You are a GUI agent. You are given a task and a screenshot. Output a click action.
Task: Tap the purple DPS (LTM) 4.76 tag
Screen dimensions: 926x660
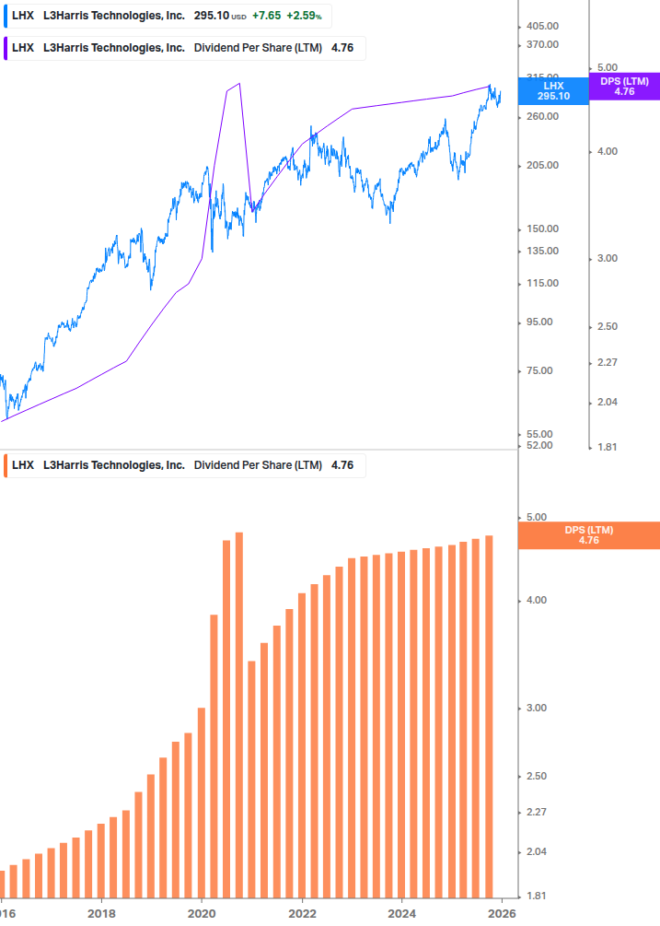pyautogui.click(x=624, y=87)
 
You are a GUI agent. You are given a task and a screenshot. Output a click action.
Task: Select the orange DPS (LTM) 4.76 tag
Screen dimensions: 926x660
pyautogui.click(x=589, y=535)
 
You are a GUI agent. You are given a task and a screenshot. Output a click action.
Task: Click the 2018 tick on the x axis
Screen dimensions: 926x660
pyautogui.click(x=101, y=913)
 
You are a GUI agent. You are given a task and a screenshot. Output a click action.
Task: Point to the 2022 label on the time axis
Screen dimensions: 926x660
pyautogui.click(x=302, y=913)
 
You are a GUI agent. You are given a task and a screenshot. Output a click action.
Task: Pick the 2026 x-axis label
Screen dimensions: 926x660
pyautogui.click(x=502, y=913)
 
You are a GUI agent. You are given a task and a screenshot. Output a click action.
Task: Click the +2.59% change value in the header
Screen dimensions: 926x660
pyautogui.click(x=304, y=16)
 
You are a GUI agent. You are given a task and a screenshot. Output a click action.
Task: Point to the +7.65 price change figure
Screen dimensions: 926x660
pyautogui.click(x=266, y=16)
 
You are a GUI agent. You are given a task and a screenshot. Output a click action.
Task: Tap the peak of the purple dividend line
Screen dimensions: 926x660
pyautogui.click(x=239, y=84)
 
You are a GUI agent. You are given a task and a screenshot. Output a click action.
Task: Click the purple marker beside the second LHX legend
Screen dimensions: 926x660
pyautogui.click(x=6, y=48)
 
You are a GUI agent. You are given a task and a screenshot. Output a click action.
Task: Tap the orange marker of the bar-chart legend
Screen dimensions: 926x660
pyautogui.click(x=6, y=465)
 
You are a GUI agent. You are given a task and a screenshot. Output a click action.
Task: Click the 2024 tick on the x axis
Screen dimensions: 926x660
pyautogui.click(x=402, y=913)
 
